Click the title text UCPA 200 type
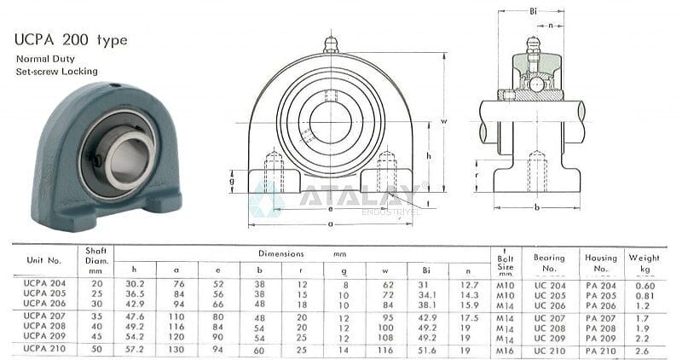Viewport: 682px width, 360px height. point(70,40)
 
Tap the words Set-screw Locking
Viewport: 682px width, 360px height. point(56,73)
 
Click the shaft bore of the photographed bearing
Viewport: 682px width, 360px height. point(129,162)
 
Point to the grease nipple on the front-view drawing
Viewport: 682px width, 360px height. point(331,44)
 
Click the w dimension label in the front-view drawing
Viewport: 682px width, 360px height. point(445,121)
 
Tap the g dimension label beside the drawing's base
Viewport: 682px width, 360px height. point(233,181)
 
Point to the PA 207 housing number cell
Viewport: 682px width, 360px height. point(600,316)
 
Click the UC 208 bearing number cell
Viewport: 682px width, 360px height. point(549,327)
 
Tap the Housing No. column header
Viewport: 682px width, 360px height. point(600,262)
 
